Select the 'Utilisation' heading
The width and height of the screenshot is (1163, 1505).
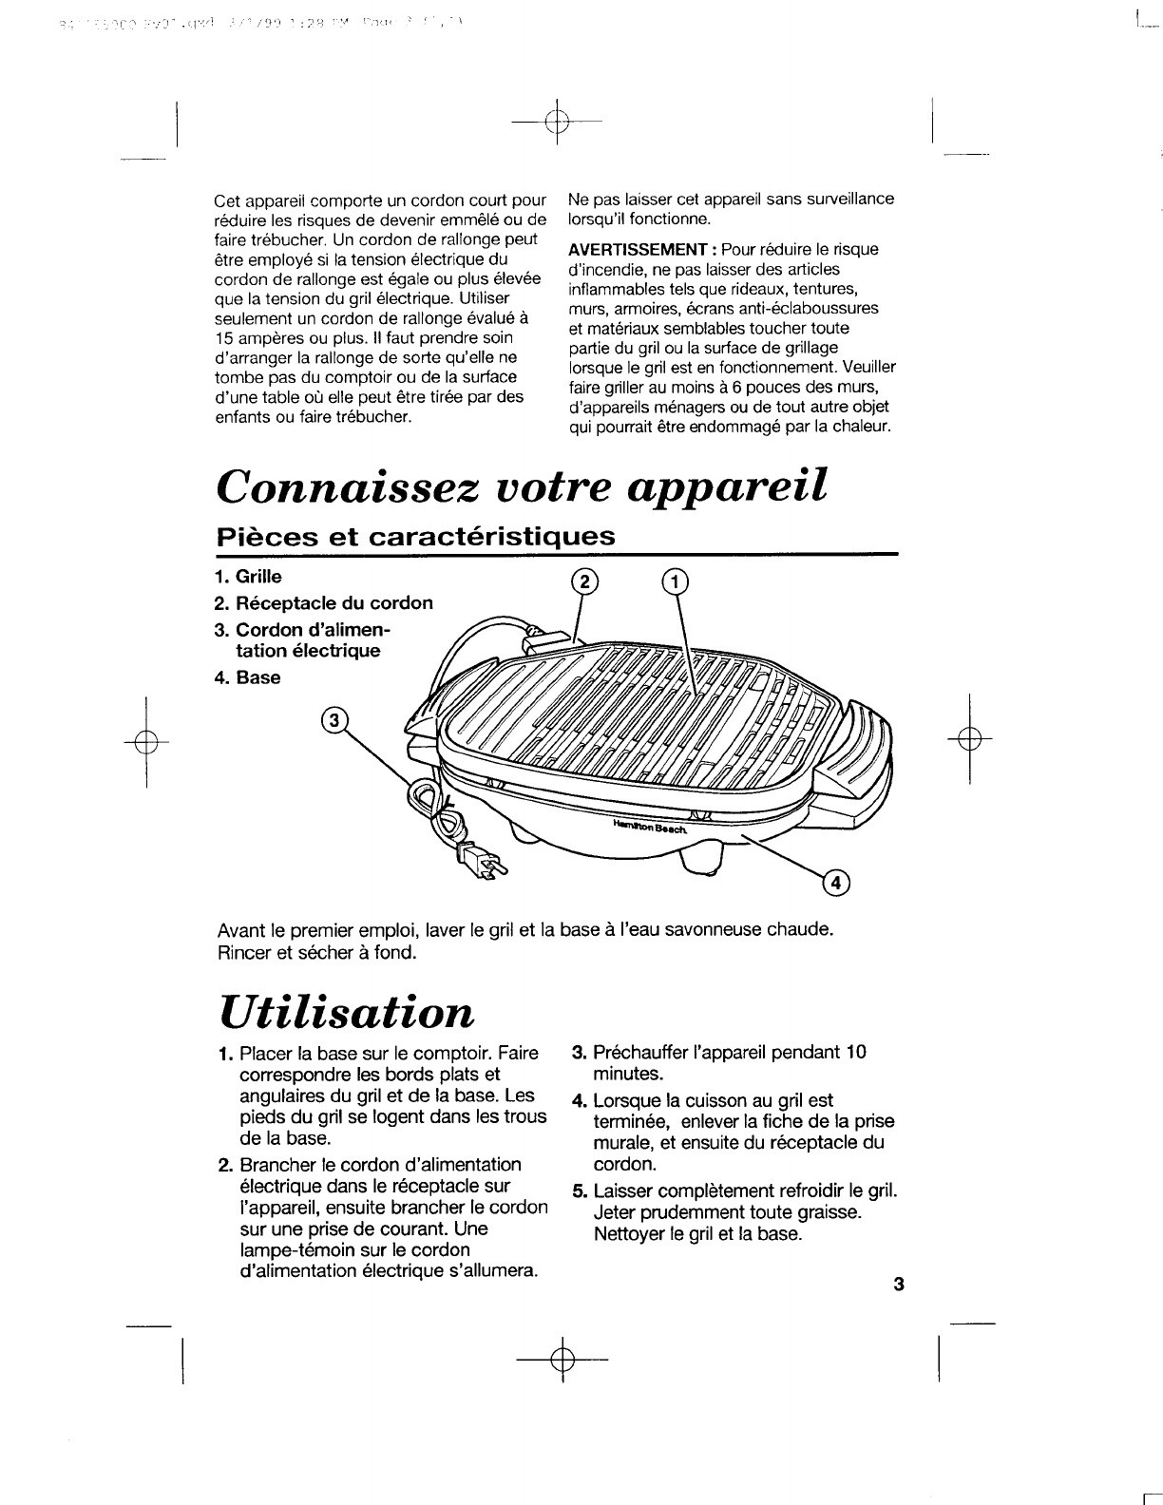346,1012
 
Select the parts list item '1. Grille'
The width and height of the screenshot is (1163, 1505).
248,577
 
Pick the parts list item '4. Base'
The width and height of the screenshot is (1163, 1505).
247,678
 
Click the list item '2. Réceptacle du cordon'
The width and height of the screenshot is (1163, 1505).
323,603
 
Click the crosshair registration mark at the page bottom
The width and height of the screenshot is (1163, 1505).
562,1362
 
